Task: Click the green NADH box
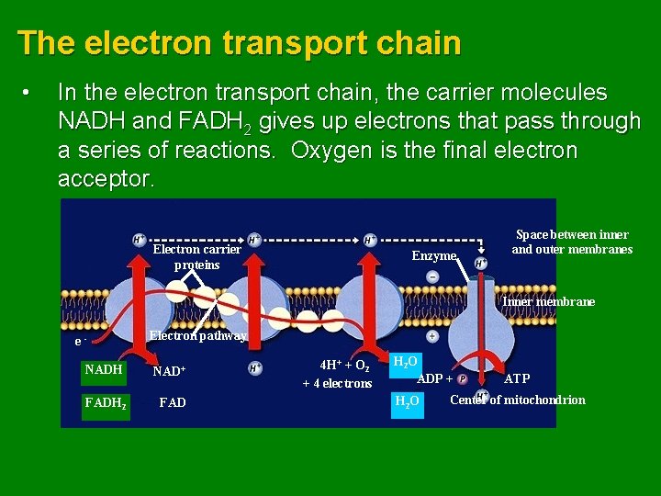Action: [x=103, y=370]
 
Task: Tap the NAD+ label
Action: [x=169, y=372]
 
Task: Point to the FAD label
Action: [x=173, y=402]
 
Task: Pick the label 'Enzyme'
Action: [x=434, y=256]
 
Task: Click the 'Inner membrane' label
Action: [x=548, y=301]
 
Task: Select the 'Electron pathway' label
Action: [x=197, y=336]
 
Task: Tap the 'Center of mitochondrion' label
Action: [x=518, y=400]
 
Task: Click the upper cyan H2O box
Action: [x=407, y=363]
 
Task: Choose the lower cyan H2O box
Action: [x=407, y=401]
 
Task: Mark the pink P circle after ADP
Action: [x=463, y=378]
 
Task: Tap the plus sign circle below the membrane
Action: [x=432, y=336]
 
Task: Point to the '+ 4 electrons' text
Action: [x=337, y=383]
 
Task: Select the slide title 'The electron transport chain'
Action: [x=239, y=43]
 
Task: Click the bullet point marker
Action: [x=29, y=93]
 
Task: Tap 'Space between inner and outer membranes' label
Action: [x=572, y=242]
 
